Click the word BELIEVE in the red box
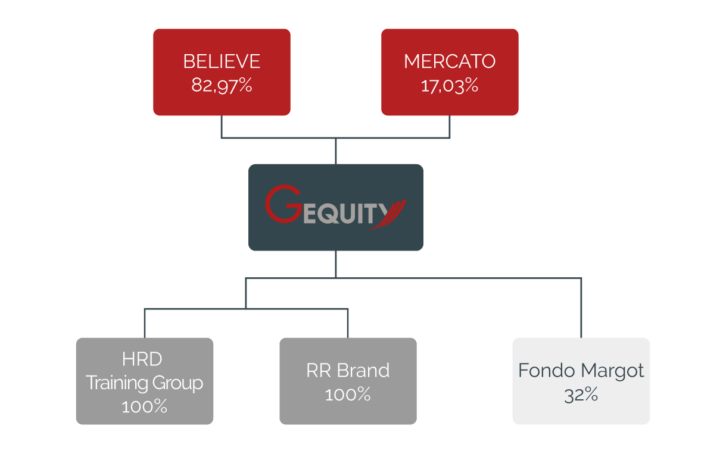point(222,62)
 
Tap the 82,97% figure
point(222,85)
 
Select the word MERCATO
point(450,62)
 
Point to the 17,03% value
point(450,85)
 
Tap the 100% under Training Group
point(144,406)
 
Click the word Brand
point(363,370)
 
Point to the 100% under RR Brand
point(348,394)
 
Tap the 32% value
point(581,395)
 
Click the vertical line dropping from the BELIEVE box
point(222,127)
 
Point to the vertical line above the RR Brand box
point(348,323)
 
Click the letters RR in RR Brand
point(318,370)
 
